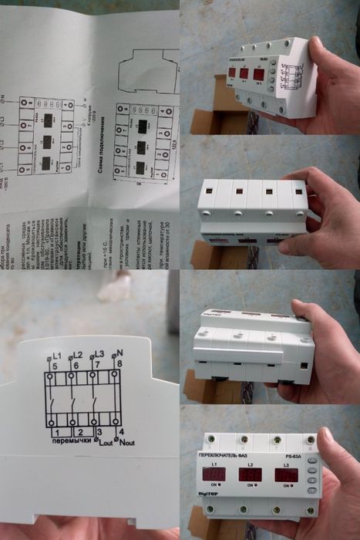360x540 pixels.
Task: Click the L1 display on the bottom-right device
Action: [215, 474]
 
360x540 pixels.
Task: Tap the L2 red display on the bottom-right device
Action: [251, 474]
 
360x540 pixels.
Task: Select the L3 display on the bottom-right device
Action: [285, 474]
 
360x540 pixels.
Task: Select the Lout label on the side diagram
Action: [103, 445]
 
